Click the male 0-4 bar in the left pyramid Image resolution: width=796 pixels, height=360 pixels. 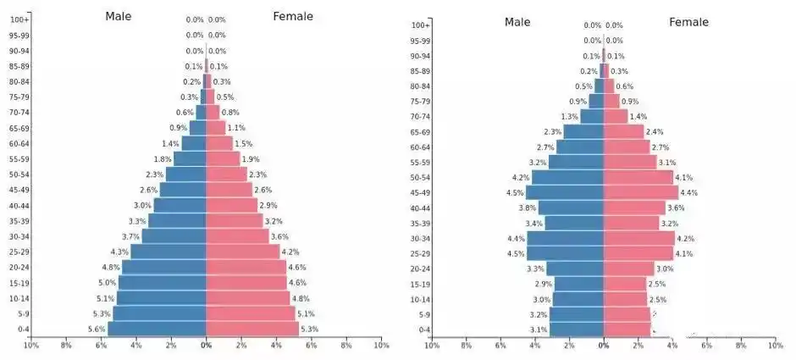(157, 329)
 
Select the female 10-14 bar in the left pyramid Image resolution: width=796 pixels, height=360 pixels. (247, 298)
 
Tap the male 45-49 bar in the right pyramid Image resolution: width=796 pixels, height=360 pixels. (566, 192)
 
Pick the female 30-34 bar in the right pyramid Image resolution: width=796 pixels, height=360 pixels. (638, 239)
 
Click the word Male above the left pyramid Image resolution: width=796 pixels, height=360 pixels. (118, 16)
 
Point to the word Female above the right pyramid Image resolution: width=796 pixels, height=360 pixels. (688, 22)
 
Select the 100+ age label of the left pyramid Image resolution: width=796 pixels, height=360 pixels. (20, 19)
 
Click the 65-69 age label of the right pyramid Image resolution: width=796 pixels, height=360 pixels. (420, 131)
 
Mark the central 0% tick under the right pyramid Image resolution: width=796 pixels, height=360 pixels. (604, 346)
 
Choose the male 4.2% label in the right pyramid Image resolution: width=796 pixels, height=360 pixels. (521, 178)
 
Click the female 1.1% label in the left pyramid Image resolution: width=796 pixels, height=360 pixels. (236, 128)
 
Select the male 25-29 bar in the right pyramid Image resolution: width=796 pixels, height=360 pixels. (565, 253)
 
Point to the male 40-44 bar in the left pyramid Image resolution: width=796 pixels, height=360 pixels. (180, 205)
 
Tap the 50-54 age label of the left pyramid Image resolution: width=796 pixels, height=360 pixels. (19, 174)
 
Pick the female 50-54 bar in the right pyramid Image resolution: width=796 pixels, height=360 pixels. (638, 177)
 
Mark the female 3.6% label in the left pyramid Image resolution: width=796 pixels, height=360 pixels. (279, 236)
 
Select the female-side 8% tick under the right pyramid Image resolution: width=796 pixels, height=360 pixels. (742, 346)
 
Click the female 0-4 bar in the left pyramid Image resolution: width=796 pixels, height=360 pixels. (252, 329)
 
